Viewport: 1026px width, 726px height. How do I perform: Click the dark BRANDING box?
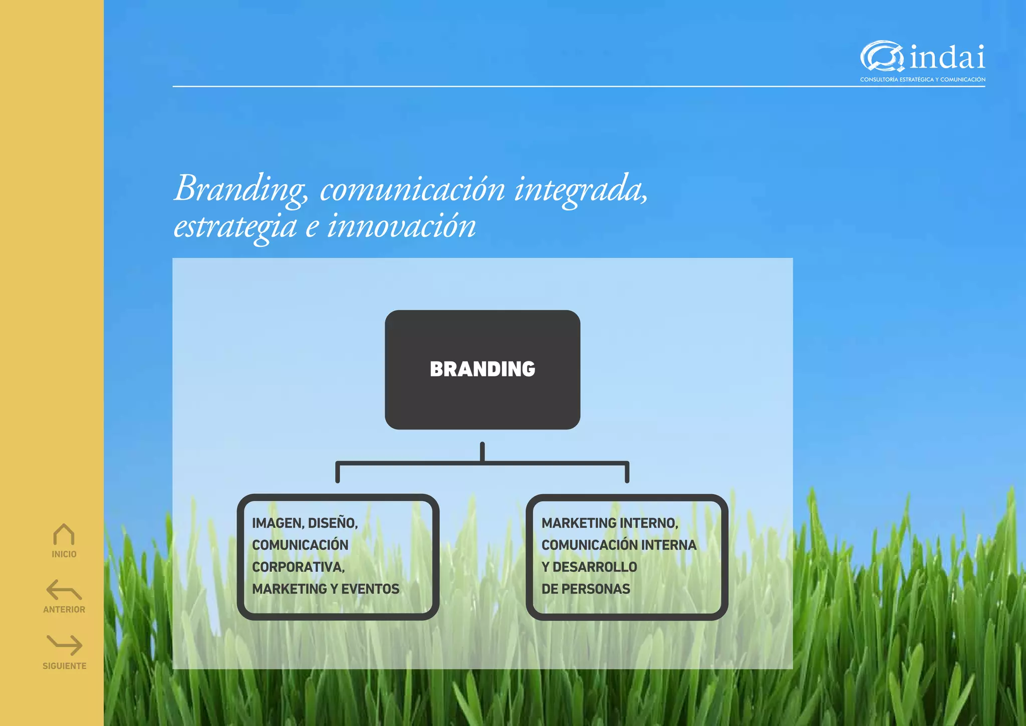pyautogui.click(x=482, y=370)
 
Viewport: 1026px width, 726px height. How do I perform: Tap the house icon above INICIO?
pyautogui.click(x=64, y=535)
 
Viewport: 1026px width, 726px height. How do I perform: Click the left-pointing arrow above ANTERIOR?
pyautogui.click(x=64, y=590)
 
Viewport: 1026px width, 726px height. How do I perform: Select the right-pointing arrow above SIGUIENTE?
pyautogui.click(x=65, y=645)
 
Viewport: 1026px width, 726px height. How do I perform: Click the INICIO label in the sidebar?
pyautogui.click(x=64, y=554)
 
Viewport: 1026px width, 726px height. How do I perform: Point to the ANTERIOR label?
pyautogui.click(x=64, y=610)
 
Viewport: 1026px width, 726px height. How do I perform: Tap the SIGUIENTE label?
pyautogui.click(x=65, y=666)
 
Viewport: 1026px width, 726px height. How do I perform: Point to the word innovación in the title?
pyautogui.click(x=401, y=227)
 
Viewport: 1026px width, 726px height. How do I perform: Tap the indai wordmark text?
pyautogui.click(x=947, y=57)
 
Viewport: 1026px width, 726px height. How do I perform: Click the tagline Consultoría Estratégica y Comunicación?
pyautogui.click(x=922, y=80)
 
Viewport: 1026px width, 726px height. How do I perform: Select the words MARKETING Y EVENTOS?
pyautogui.click(x=326, y=589)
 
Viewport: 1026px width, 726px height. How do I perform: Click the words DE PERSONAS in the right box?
pyautogui.click(x=586, y=589)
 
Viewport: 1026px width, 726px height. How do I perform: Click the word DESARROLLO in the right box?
pyautogui.click(x=595, y=567)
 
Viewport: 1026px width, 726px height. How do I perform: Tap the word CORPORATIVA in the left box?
pyautogui.click(x=298, y=567)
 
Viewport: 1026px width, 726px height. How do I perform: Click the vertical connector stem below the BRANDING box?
pyautogui.click(x=482, y=451)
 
